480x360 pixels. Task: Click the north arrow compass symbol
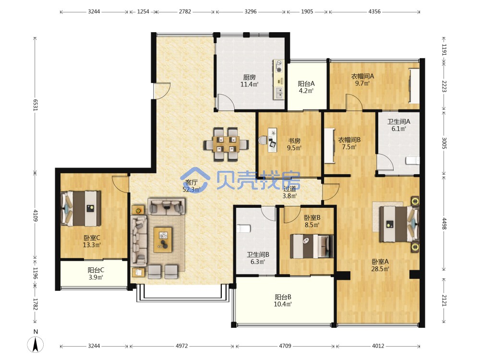pyautogui.click(x=36, y=344)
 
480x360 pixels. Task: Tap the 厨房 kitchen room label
pyautogui.click(x=249, y=77)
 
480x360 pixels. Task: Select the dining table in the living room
pyautogui.click(x=226, y=144)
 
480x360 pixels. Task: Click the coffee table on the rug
pyautogui.click(x=163, y=240)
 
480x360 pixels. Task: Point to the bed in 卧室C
pyautogui.click(x=81, y=208)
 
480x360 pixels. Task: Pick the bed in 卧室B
pyautogui.click(x=312, y=246)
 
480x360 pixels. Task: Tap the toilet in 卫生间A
pyautogui.click(x=413, y=160)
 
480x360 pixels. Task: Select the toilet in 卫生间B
pyautogui.click(x=244, y=228)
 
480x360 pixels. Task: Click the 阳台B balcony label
pyautogui.click(x=283, y=297)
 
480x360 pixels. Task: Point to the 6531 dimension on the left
pyautogui.click(x=35, y=105)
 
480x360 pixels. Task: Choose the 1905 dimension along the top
pyautogui.click(x=307, y=12)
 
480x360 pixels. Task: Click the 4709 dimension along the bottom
pyautogui.click(x=285, y=346)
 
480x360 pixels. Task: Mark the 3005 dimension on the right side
pyautogui.click(x=444, y=143)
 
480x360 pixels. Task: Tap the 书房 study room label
pyautogui.click(x=294, y=141)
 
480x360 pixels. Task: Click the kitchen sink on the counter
pyautogui.click(x=278, y=93)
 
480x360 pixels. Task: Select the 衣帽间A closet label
pyautogui.click(x=362, y=76)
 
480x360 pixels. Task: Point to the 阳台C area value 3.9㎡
pyautogui.click(x=96, y=277)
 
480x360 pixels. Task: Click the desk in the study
pyautogui.click(x=273, y=140)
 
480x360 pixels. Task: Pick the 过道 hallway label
pyautogui.click(x=289, y=189)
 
